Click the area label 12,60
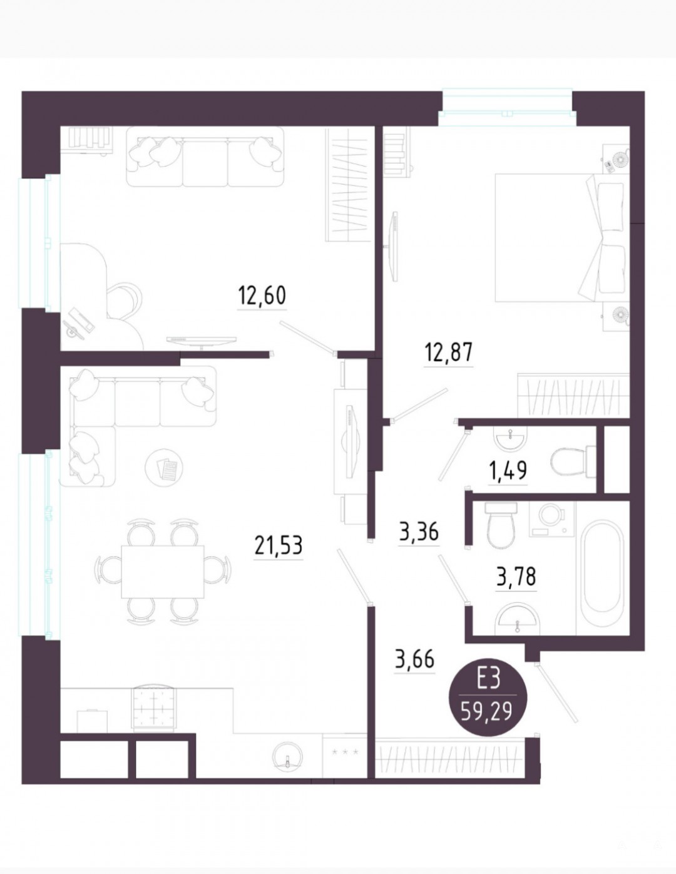click(x=262, y=296)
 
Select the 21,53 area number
click(x=279, y=545)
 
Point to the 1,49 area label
click(x=508, y=471)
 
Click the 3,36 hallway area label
click(x=419, y=532)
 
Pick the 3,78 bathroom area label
click(x=516, y=578)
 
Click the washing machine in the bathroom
click(x=553, y=519)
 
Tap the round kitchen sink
click(x=287, y=754)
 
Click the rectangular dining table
click(x=163, y=572)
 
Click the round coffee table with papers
click(x=165, y=468)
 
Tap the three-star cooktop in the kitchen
click(x=345, y=751)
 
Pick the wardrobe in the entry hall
click(x=451, y=754)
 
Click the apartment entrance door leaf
click(x=556, y=693)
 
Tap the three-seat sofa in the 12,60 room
click(x=205, y=157)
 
